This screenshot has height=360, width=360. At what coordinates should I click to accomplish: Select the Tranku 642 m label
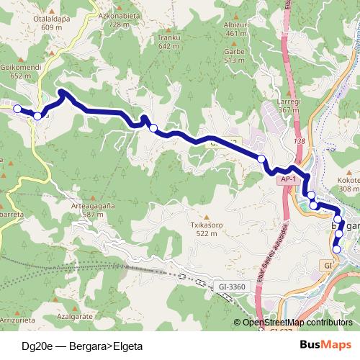click(168, 42)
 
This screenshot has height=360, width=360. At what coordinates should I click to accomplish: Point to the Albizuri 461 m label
click(236, 28)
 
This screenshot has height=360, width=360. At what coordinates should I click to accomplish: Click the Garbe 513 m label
click(235, 55)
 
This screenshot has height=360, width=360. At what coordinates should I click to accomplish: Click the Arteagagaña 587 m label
click(94, 210)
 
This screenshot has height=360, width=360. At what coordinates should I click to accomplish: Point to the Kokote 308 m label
click(348, 184)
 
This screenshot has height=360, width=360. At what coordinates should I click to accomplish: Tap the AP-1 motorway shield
click(289, 179)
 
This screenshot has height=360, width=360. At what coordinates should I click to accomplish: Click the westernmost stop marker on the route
click(17, 109)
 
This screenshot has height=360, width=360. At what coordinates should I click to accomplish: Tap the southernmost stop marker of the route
click(336, 249)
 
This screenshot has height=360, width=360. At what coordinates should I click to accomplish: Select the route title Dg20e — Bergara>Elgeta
click(83, 346)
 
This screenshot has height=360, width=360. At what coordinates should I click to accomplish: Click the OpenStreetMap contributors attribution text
click(297, 323)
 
